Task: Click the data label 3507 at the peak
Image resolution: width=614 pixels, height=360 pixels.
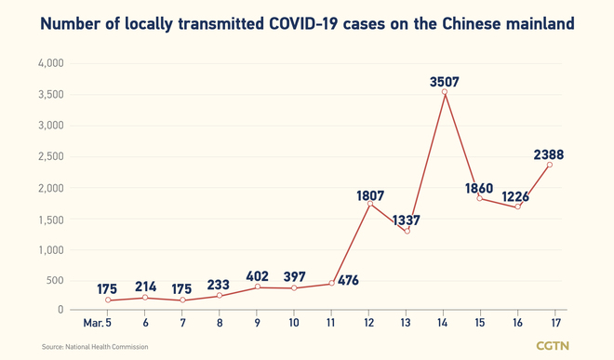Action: click(x=444, y=80)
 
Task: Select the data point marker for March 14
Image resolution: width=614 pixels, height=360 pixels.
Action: click(x=444, y=92)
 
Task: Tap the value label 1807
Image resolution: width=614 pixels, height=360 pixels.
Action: click(x=369, y=196)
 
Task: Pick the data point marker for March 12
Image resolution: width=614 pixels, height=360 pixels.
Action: click(x=369, y=203)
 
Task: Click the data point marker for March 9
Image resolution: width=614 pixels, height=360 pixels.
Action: click(x=258, y=287)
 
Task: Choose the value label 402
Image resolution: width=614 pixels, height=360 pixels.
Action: click(x=258, y=275)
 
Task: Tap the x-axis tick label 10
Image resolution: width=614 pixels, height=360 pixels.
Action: click(x=295, y=322)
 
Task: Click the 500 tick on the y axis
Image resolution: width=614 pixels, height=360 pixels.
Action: click(x=54, y=280)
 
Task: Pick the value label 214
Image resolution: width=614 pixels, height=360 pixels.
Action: click(x=146, y=287)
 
